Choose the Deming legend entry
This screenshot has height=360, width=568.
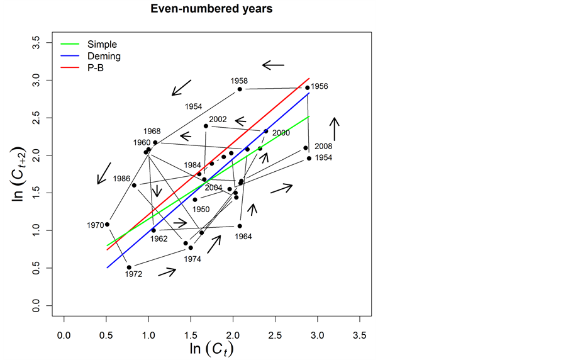pos(104,56)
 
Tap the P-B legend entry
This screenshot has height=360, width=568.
pos(96,68)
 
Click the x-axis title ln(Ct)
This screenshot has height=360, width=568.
pos(211,347)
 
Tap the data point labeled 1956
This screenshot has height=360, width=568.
pos(308,87)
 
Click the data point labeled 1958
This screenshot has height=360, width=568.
pos(240,89)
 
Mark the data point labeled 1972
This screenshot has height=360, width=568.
pos(129,267)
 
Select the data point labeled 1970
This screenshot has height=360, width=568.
pos(107,224)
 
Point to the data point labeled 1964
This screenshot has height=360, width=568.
pos(240,226)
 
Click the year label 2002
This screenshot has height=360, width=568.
pos(218,119)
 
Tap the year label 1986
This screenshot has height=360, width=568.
pos(121,179)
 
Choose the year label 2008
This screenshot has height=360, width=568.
pos(323,146)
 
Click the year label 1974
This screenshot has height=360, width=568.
pos(192,259)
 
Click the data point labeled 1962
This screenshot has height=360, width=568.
pos(153,230)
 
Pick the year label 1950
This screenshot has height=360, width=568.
pos(201,209)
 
